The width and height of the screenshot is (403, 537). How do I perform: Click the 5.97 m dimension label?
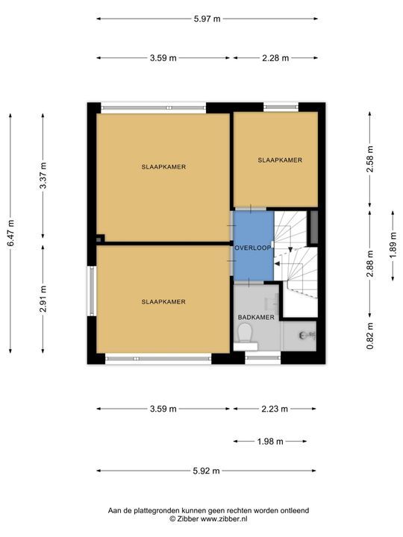[x=207, y=19]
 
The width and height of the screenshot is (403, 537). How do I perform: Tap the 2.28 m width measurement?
[x=275, y=58]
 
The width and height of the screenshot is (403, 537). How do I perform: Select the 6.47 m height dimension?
[x=11, y=233]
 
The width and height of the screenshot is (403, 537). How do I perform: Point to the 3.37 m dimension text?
[x=43, y=175]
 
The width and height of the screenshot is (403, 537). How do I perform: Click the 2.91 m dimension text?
[x=43, y=298]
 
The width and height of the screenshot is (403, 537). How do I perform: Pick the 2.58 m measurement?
[x=370, y=160]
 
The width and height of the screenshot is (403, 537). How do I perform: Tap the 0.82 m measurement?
[x=370, y=336]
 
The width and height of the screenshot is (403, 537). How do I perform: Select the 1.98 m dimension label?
[x=270, y=442]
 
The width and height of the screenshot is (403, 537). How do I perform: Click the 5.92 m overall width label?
[x=206, y=471]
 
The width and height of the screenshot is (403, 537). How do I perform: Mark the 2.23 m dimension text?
[x=275, y=409]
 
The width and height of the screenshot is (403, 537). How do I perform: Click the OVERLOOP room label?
[x=253, y=248]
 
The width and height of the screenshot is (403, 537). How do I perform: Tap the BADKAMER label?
[x=256, y=318]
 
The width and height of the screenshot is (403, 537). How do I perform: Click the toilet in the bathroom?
[x=246, y=334]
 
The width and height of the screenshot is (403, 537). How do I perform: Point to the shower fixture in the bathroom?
[x=307, y=336]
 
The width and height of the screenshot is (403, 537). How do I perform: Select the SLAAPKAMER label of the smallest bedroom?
[x=280, y=160]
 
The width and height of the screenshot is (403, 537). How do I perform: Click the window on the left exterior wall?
[x=92, y=291]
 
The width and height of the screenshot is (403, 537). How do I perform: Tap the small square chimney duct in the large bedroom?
[x=100, y=239]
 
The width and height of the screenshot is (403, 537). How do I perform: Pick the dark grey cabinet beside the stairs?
[x=314, y=227]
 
